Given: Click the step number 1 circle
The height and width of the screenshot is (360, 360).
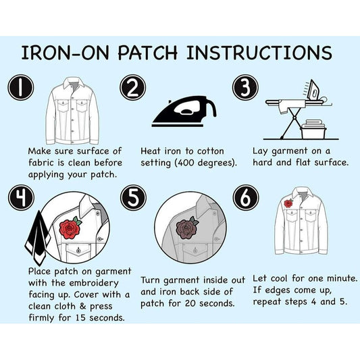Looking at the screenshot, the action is pos(21,88).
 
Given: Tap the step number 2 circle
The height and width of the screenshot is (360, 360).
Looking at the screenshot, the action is pos(132,88).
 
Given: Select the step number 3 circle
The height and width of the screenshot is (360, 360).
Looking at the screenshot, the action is pos(245,88).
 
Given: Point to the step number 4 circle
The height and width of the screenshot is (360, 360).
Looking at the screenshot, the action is pos(21,198).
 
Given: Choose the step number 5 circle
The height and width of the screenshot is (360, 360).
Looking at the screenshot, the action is pos(133,198).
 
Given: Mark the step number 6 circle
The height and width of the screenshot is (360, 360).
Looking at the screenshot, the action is pos(246,198).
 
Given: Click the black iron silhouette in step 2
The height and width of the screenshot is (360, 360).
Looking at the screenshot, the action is pos(184,112).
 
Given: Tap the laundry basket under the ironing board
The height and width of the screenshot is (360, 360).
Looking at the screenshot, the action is pos(313,129).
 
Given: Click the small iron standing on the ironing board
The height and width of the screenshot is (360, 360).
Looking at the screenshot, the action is pos(313,90).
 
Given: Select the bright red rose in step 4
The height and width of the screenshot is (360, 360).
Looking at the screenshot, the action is pos(70,228).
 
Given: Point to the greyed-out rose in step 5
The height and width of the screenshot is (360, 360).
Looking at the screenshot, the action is pos(186,228).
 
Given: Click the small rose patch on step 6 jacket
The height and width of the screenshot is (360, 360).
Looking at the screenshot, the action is pos(288,203).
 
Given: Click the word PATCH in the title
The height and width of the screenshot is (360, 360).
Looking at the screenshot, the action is pos(148,53).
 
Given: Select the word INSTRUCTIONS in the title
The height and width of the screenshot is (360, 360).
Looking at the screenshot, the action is pos(259,53).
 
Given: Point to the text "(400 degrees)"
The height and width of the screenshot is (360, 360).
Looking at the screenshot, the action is pos(205,163).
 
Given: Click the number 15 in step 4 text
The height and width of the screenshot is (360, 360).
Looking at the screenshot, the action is pos(81,317).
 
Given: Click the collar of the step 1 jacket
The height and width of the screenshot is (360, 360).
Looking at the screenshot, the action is pos(74,82).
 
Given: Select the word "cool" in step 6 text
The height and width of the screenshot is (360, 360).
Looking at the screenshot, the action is pos(279,278).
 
